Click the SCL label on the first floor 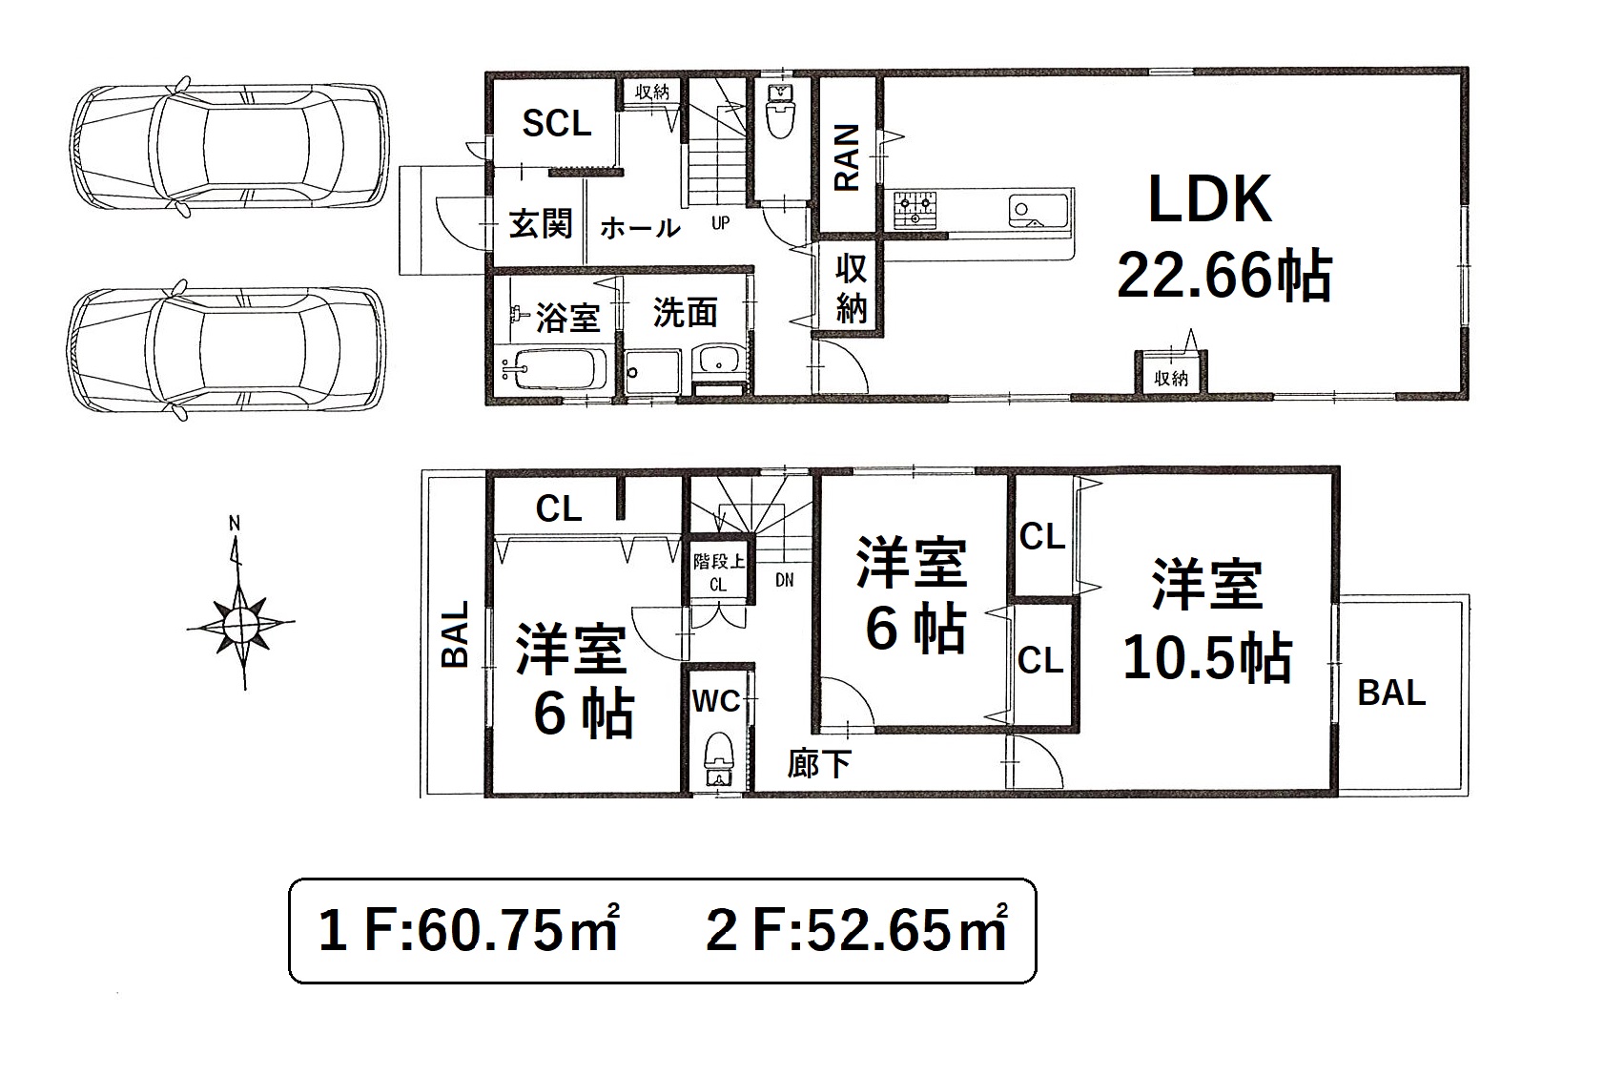(556, 123)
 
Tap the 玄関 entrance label (541, 223)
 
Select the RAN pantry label (847, 157)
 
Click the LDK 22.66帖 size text (1224, 276)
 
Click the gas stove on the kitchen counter (915, 209)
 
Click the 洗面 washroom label (685, 312)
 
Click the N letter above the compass (235, 524)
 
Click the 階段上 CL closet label (718, 572)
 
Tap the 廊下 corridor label (818, 764)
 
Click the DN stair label (784, 580)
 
